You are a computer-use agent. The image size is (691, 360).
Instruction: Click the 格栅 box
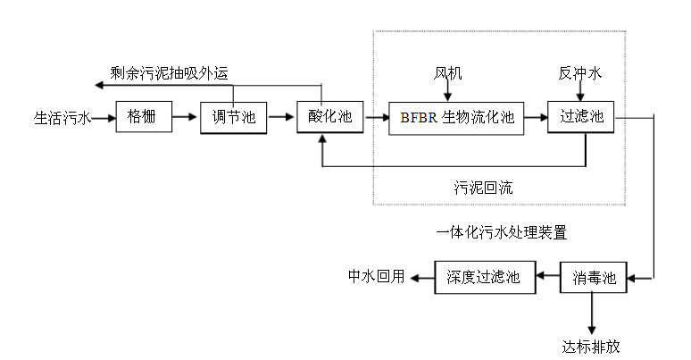143,116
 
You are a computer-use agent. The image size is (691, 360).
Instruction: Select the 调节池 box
232,117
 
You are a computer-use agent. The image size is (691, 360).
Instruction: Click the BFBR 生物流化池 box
458,117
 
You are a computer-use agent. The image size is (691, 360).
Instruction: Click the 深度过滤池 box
482,276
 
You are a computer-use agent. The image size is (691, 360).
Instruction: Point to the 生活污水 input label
62,117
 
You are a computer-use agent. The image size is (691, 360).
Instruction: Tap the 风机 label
449,73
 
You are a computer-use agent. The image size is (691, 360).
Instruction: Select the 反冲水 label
580,73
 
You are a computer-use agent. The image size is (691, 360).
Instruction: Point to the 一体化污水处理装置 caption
502,232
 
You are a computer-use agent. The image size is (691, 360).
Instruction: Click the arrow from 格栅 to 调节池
185,116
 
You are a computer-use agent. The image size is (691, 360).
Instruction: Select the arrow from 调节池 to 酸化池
281,116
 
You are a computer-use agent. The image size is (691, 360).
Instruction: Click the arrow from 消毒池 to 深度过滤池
545,277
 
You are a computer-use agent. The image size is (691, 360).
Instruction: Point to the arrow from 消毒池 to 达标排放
590,313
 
